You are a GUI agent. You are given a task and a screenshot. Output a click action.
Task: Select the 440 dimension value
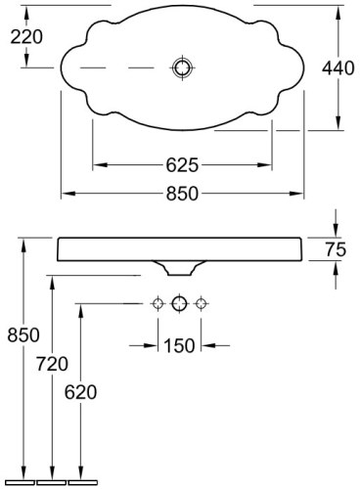click(338, 68)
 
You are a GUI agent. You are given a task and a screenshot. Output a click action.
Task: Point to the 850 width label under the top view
click(182, 193)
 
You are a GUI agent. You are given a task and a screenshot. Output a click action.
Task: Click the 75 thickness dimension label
click(335, 249)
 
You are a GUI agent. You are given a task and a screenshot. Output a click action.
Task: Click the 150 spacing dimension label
click(179, 344)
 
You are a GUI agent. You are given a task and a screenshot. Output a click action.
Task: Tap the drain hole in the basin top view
click(181, 68)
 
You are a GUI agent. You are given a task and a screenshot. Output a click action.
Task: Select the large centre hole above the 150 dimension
click(179, 304)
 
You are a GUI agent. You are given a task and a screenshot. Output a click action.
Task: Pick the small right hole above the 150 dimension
click(202, 304)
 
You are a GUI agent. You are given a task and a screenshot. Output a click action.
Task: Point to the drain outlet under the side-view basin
click(180, 267)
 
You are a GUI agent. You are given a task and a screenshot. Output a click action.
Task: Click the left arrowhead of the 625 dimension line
click(98, 163)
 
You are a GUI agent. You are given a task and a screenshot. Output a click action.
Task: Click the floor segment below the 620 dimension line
click(83, 482)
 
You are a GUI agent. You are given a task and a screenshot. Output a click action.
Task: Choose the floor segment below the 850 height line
click(20, 482)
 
